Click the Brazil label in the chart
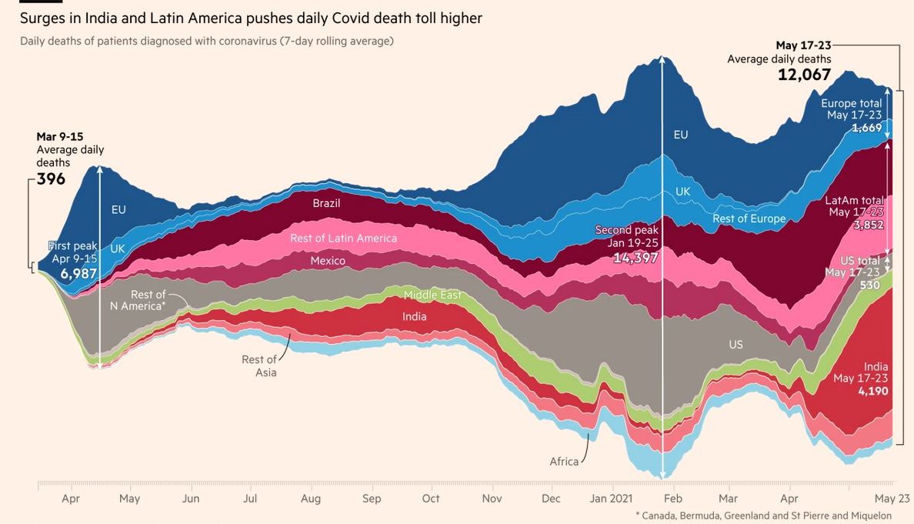[x=326, y=204]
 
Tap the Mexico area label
[x=329, y=262]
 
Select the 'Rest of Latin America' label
[x=343, y=239]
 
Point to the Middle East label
[x=432, y=295]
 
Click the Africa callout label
[x=564, y=462]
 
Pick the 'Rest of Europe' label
[x=749, y=219]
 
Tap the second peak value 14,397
[x=635, y=258]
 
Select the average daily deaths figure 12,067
[x=804, y=74]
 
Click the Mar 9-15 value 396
[x=51, y=179]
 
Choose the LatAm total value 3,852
[x=868, y=225]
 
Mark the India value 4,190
[x=873, y=391]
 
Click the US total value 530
[x=869, y=285]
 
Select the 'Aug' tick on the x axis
[x=311, y=499]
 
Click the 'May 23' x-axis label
[x=892, y=499]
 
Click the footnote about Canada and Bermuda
[x=763, y=516]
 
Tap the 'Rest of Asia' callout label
[x=259, y=366]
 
